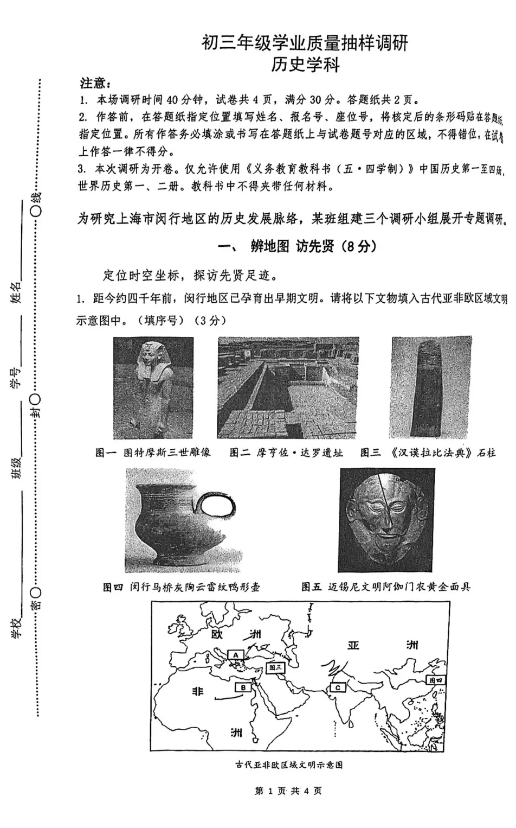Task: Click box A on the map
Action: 236,654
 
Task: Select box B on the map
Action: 243,687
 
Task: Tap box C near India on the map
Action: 338,687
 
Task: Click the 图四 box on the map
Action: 435,679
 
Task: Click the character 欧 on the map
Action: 217,634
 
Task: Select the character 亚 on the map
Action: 353,645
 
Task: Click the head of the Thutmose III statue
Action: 153,358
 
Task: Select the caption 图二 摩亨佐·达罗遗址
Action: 286,453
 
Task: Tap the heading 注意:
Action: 95,83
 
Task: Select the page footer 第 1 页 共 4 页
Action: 288,791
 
